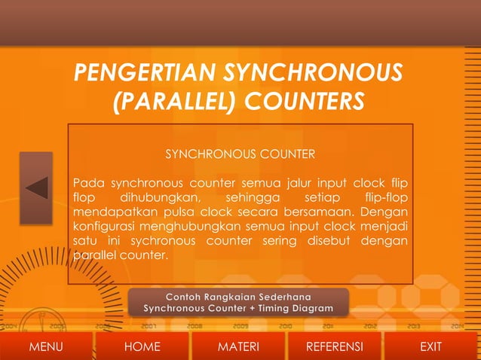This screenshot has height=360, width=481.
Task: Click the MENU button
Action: [x=45, y=346]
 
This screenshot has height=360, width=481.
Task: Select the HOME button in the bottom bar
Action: [x=142, y=346]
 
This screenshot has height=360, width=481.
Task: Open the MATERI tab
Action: [x=238, y=346]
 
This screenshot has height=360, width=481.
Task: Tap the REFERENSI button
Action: [x=334, y=346]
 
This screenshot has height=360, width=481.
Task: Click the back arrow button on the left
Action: [x=36, y=188]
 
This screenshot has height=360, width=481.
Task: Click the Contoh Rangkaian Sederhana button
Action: [x=238, y=302]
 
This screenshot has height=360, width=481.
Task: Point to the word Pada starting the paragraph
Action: [x=88, y=183]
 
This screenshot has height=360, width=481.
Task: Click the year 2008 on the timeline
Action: [x=195, y=327]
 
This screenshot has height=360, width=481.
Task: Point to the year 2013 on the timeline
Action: [x=412, y=327]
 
